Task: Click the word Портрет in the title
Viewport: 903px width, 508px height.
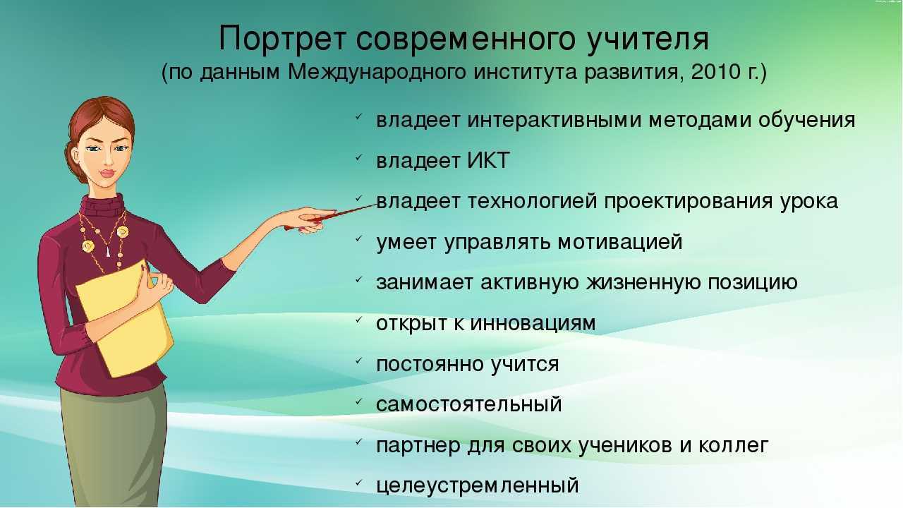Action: tap(283, 40)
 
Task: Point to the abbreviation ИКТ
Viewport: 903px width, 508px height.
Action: tap(488, 160)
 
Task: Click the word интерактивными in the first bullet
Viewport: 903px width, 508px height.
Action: tap(554, 120)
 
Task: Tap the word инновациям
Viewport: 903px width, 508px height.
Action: tap(533, 323)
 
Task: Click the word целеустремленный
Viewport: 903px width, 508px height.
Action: tap(478, 485)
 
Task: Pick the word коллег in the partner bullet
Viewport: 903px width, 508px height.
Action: tap(733, 445)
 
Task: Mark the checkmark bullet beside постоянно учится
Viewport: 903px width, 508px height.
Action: tap(359, 361)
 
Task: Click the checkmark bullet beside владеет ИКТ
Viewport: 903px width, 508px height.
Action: tap(359, 157)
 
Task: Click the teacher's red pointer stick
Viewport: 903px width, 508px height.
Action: tap(331, 217)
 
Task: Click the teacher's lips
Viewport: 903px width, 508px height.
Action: tap(108, 174)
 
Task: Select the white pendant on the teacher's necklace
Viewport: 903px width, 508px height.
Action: tap(108, 252)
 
